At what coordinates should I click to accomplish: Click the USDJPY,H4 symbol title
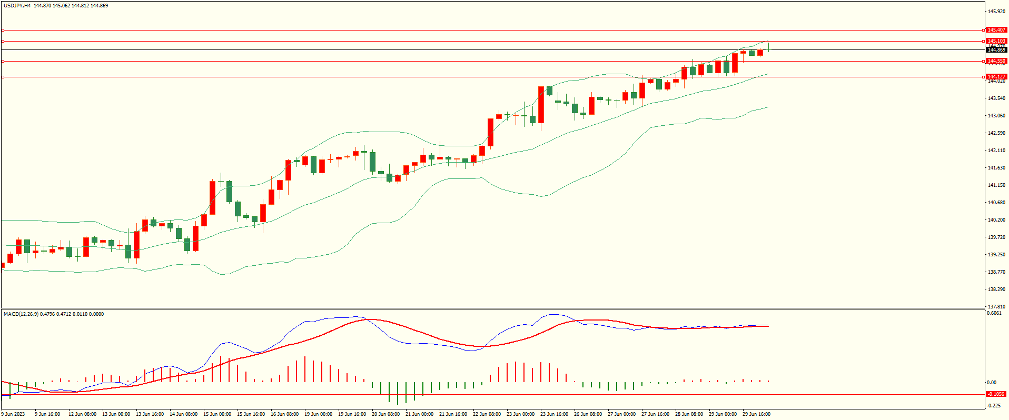17,6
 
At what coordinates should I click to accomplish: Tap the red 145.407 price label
996,30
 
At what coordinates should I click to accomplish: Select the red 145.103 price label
996,41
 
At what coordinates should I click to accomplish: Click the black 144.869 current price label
996,50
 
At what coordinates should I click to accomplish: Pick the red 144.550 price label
996,61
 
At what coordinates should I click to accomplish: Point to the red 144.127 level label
996,77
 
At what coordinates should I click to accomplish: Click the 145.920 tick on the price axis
996,12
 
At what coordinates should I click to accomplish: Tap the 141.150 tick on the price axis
996,185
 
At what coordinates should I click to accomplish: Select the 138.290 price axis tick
996,289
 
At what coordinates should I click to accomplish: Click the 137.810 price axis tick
996,306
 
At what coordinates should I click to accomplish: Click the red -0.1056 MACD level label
995,394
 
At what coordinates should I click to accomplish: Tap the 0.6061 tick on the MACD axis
994,313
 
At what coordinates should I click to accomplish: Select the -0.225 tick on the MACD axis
994,405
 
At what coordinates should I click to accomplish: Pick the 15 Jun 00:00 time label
217,414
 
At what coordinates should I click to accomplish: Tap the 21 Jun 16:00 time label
453,414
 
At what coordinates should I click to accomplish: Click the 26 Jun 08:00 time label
588,414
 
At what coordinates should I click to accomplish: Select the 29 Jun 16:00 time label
756,414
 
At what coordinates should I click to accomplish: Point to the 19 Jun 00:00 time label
318,414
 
